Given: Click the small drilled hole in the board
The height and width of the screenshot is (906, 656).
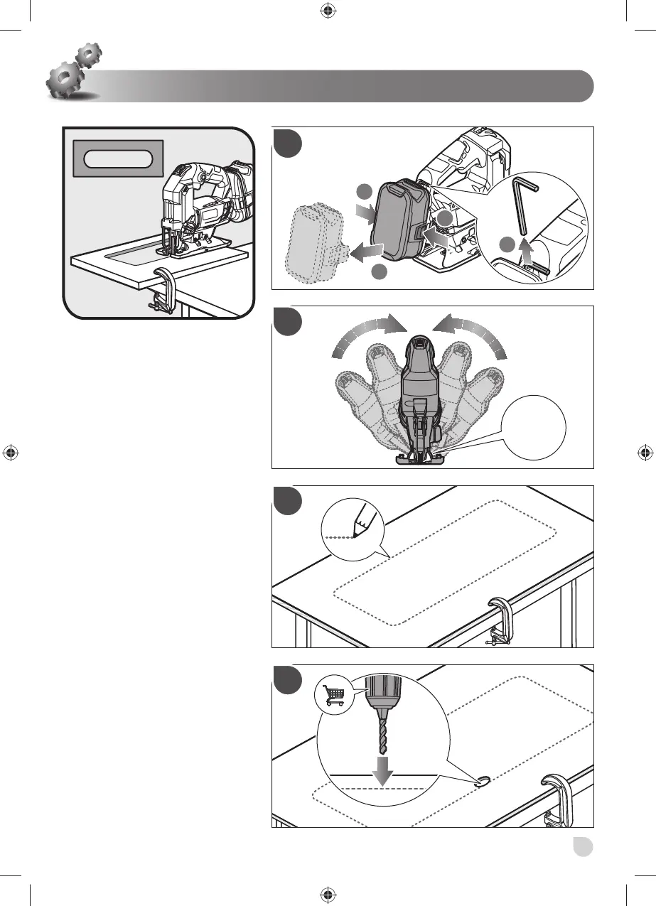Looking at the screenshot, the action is [x=484, y=782].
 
